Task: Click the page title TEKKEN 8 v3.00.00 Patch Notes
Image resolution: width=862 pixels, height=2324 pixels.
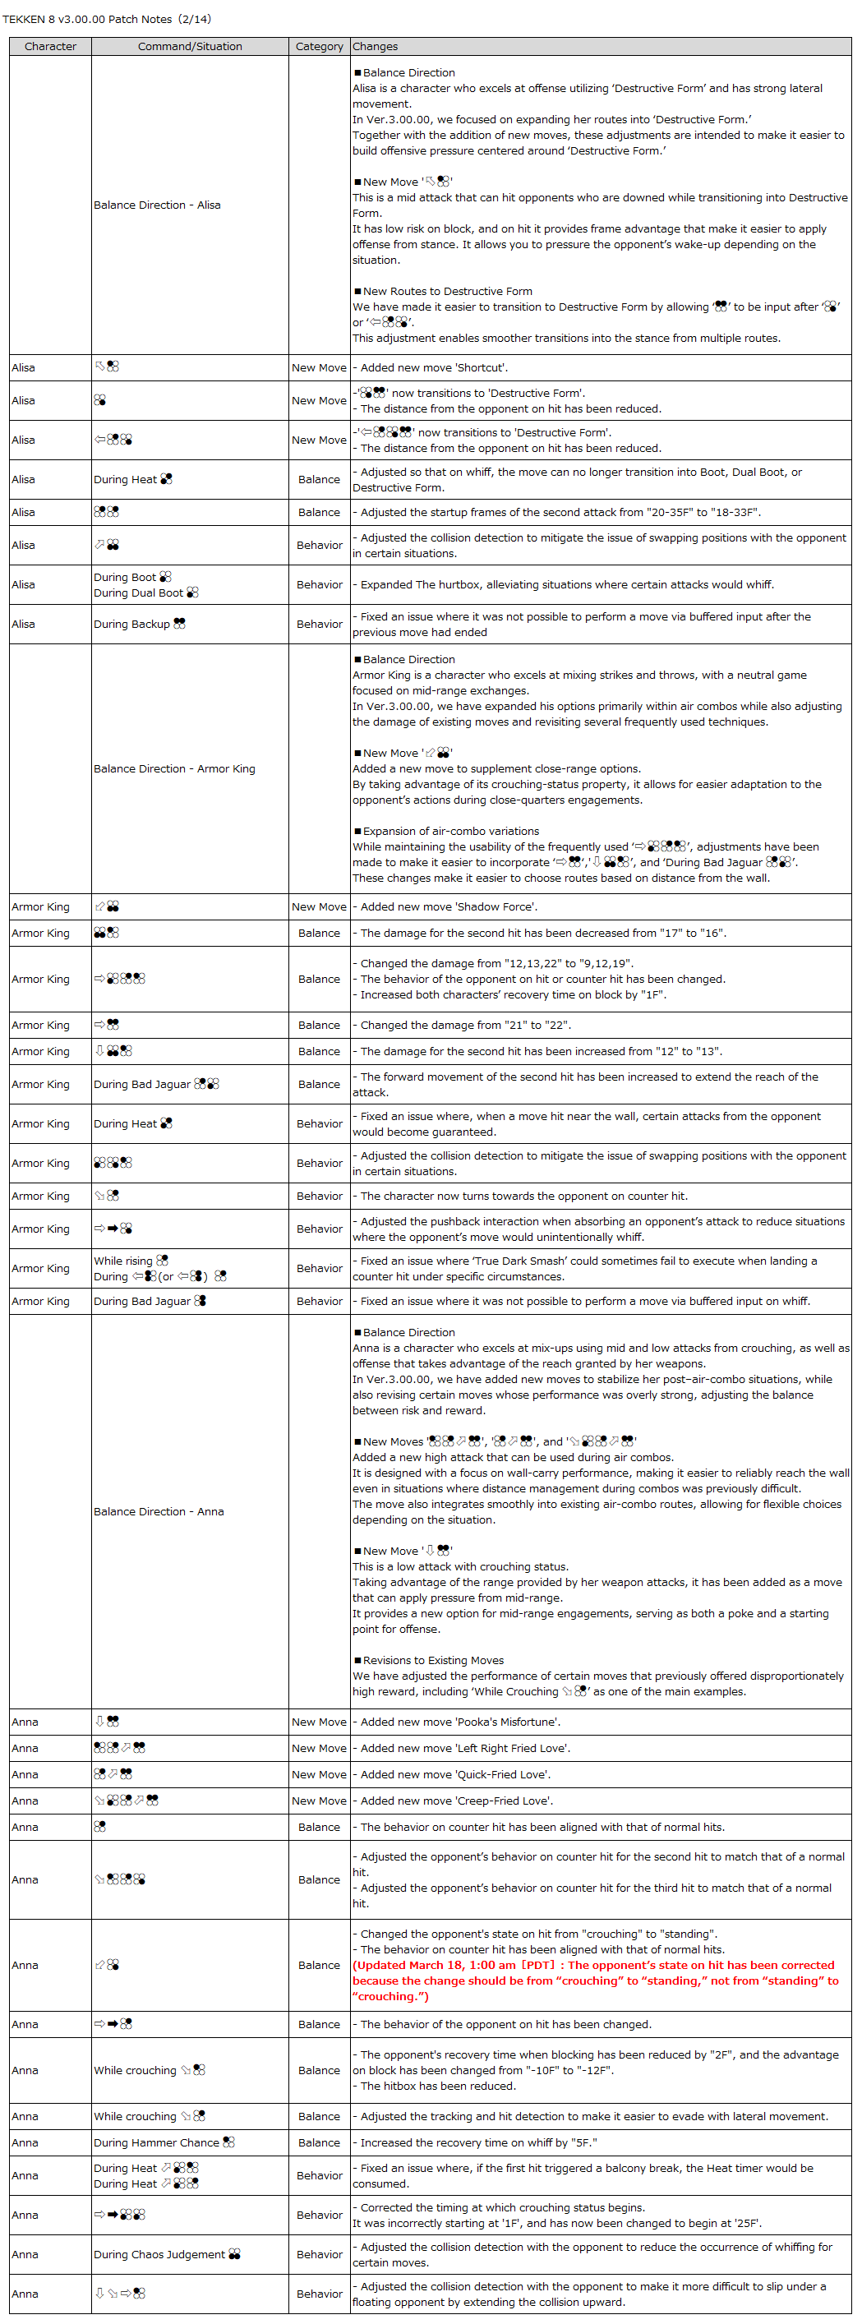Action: click(x=106, y=19)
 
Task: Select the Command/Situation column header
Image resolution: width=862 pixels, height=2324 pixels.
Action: click(x=189, y=47)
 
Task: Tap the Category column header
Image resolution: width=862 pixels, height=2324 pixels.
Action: click(x=319, y=47)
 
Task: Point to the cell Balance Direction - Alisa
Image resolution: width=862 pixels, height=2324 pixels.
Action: click(x=157, y=205)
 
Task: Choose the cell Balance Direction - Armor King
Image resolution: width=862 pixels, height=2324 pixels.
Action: click(x=174, y=769)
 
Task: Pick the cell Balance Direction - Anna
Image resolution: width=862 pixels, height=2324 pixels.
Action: click(x=159, y=1512)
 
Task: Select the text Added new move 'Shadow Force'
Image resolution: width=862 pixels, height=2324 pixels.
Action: click(x=448, y=907)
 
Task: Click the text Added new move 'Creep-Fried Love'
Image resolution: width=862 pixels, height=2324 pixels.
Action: click(x=456, y=1801)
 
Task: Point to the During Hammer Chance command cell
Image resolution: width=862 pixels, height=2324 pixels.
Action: click(x=164, y=2142)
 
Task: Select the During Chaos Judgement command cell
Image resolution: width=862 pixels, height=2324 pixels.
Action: click(x=167, y=2254)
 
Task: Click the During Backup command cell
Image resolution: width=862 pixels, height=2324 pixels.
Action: click(x=139, y=625)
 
